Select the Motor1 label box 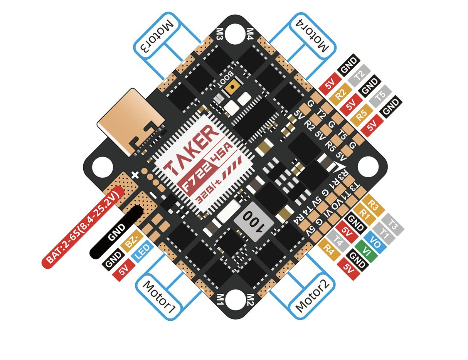(x=159, y=297)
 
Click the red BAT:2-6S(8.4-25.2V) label (x=83, y=227)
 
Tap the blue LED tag (x=142, y=251)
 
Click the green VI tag (x=367, y=251)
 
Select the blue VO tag (x=375, y=242)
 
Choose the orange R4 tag (x=329, y=249)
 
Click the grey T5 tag (x=380, y=96)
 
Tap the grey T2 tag (x=359, y=76)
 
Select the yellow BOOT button (x=232, y=87)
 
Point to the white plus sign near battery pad (x=135, y=175)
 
